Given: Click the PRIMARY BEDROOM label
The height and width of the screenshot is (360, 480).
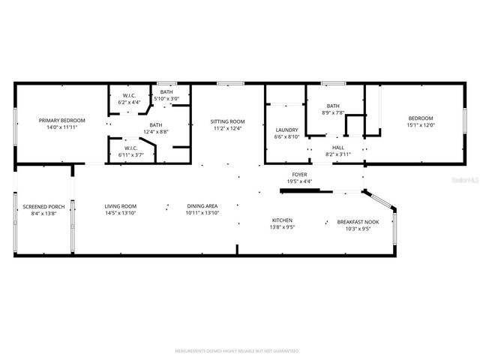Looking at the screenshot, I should pyautogui.click(x=62, y=120).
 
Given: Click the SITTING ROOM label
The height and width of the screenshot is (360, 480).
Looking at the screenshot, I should pyautogui.click(x=226, y=121).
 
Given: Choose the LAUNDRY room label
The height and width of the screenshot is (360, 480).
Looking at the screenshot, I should pyautogui.click(x=287, y=130).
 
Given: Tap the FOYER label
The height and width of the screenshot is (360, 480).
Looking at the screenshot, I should pyautogui.click(x=298, y=174).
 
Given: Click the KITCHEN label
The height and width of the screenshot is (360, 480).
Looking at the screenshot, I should pyautogui.click(x=282, y=220).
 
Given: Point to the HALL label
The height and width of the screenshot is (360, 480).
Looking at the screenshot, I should pyautogui.click(x=338, y=147).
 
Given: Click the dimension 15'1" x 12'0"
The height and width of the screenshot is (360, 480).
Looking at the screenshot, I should pyautogui.click(x=421, y=126).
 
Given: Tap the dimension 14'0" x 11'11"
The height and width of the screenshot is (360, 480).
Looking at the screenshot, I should pyautogui.click(x=62, y=127).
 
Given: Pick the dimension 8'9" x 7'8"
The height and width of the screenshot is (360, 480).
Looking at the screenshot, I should pyautogui.click(x=334, y=112).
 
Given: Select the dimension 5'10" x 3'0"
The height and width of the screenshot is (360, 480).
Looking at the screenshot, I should pyautogui.click(x=166, y=99).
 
